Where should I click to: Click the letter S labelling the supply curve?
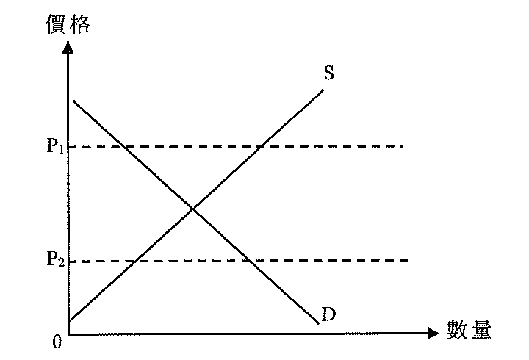(329, 73)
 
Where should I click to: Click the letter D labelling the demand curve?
(329, 314)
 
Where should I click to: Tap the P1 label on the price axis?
(55, 145)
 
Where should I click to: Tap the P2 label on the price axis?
(55, 259)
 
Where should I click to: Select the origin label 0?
(57, 342)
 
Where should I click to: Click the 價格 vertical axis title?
(68, 24)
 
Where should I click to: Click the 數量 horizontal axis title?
(469, 330)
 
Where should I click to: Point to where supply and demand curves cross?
(193, 209)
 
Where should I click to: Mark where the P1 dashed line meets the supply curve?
(262, 146)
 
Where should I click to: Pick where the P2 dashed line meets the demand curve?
(250, 261)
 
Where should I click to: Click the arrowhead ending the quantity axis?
(433, 333)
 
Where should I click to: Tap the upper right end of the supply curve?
(323, 90)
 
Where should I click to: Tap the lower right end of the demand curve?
(318, 324)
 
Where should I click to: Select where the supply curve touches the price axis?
(69, 320)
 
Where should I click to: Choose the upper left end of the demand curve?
(74, 101)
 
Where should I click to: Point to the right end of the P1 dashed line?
(402, 146)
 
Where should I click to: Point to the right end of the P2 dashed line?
(408, 260)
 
